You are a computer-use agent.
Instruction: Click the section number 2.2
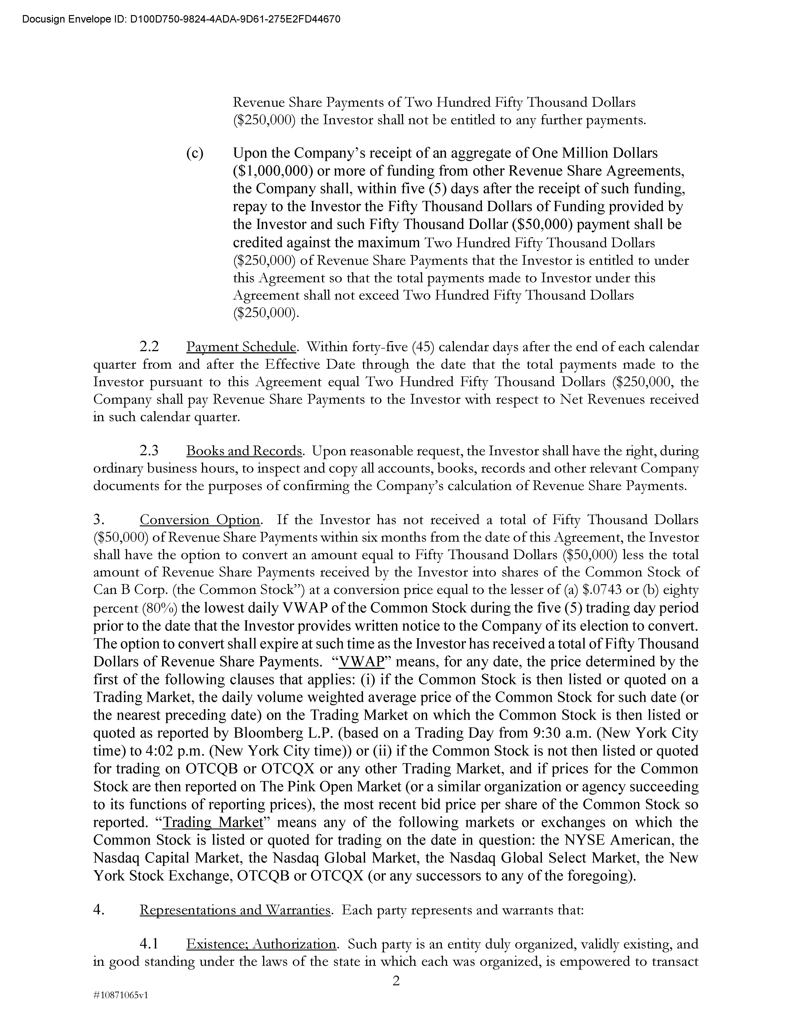[149, 347]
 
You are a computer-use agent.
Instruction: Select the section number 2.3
[149, 451]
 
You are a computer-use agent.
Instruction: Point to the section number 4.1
[149, 944]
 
